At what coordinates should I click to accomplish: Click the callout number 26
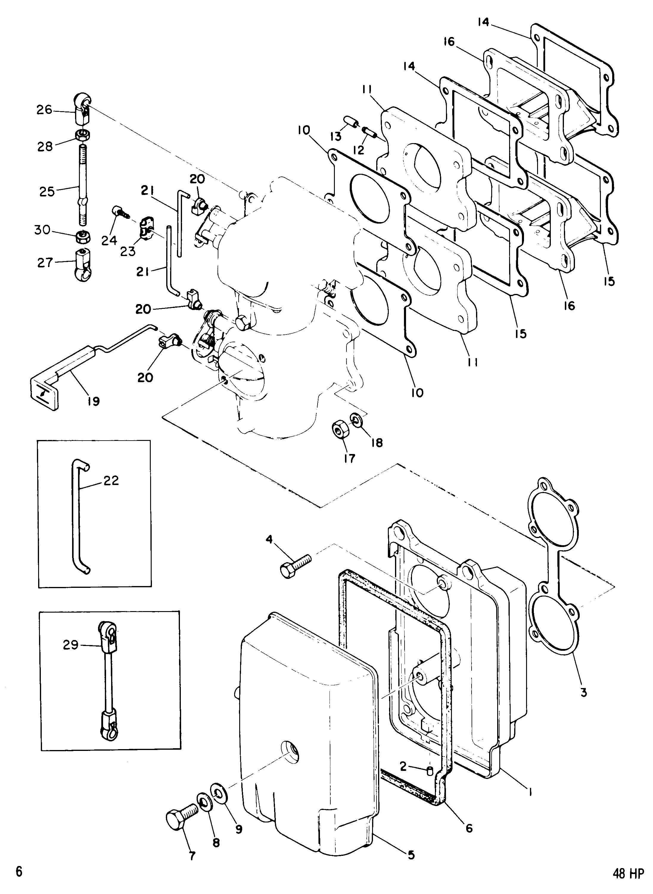(44, 110)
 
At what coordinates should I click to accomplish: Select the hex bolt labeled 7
(180, 816)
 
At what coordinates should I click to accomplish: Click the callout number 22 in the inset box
(111, 481)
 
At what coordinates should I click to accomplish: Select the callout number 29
(71, 645)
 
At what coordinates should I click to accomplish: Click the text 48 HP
(629, 884)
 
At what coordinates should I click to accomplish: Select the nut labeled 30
(82, 237)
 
